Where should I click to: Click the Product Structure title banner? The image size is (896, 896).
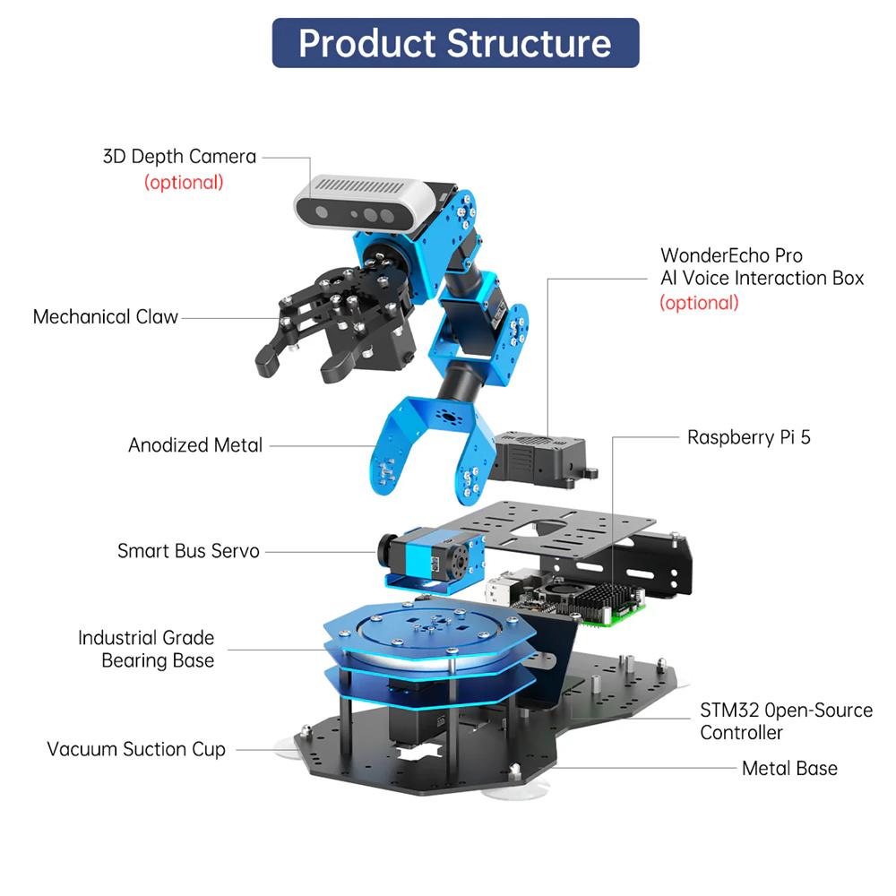pos(455,43)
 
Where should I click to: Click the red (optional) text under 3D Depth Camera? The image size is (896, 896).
pos(184,183)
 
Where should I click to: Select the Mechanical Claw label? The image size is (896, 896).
pos(106,316)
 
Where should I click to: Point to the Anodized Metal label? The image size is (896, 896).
pos(195,445)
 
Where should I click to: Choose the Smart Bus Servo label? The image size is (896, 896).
pos(188,550)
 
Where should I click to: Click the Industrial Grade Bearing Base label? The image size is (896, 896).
pos(146,650)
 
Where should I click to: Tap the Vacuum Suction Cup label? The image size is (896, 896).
pos(136,749)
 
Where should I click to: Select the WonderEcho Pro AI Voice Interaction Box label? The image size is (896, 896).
pos(762,267)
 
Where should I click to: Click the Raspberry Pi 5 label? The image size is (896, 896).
pos(748,437)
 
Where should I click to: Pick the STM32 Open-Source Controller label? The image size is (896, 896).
pos(786,721)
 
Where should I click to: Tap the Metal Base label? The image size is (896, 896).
pos(789,768)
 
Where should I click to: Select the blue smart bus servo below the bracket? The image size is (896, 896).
pos(430,556)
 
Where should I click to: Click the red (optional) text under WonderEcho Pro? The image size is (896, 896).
pos(699,303)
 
